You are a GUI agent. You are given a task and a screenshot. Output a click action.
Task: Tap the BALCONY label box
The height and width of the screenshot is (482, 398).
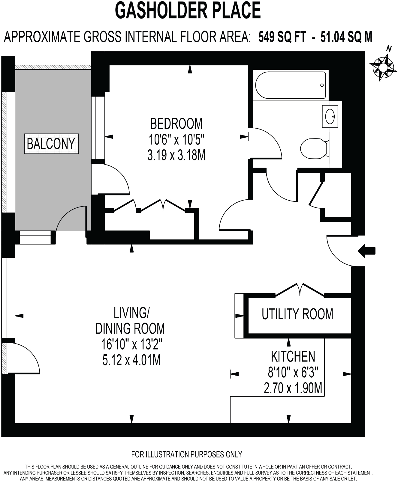(51, 144)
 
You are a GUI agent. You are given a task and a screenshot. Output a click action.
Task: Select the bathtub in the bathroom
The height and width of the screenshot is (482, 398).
(290, 85)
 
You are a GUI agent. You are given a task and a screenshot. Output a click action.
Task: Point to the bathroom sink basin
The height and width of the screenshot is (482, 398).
(330, 116)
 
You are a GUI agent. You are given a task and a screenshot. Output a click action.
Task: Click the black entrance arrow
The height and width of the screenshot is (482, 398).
(366, 251)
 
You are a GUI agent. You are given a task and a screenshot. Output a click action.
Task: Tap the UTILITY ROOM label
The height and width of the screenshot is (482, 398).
(297, 314)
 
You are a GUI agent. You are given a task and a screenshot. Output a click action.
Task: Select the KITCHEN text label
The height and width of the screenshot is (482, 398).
(293, 356)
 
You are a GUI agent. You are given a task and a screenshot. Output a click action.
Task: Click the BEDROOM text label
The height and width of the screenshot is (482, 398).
(176, 123)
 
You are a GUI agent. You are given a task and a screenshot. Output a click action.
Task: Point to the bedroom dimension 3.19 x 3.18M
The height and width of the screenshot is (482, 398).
(176, 155)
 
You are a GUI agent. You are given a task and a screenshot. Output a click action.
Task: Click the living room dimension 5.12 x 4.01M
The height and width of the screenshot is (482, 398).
(131, 360)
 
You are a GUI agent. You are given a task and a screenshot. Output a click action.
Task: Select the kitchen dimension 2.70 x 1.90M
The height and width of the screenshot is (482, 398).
(293, 388)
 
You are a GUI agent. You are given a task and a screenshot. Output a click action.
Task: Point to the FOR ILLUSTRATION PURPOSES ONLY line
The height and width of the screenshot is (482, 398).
(186, 454)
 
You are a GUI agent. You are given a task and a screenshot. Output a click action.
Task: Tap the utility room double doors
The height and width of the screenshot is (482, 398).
(300, 290)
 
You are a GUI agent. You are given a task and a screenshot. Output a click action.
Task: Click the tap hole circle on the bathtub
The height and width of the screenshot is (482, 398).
(322, 85)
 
